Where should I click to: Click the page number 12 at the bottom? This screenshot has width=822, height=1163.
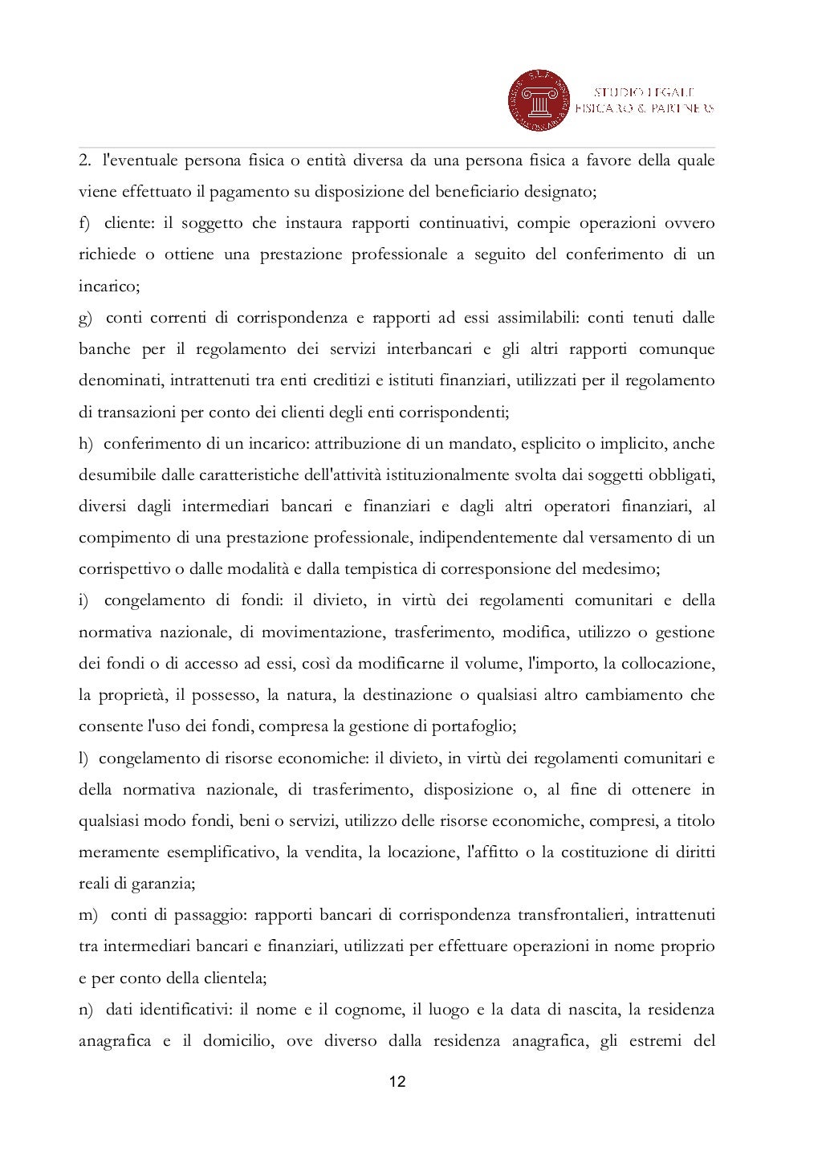(397, 1082)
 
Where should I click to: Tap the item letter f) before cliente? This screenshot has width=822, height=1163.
(84, 223)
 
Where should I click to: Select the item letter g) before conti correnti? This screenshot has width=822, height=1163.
(85, 318)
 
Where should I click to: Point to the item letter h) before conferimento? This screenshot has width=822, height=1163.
(85, 444)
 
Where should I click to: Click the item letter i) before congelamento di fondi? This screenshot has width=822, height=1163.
(83, 600)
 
